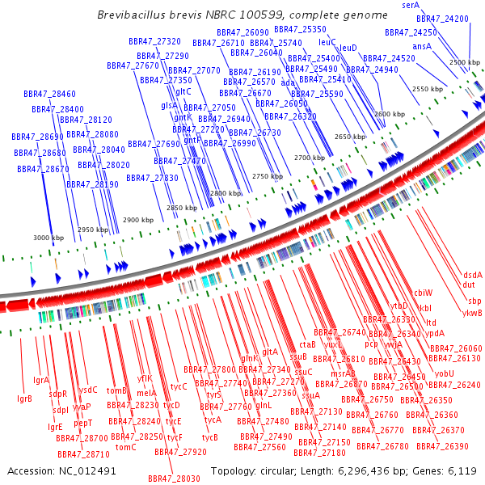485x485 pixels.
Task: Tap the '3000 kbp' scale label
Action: (48, 238)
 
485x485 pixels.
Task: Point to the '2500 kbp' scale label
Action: (464, 62)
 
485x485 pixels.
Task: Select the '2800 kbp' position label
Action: (225, 194)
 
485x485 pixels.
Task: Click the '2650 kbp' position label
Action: (349, 137)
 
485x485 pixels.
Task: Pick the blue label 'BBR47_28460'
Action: (54, 94)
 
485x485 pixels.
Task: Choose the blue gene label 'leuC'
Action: (327, 41)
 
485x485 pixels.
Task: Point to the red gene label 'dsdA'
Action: (472, 275)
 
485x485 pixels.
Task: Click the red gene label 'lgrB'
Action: (24, 399)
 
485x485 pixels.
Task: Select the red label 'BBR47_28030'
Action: (174, 479)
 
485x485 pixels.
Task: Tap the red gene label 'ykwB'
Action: (472, 313)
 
